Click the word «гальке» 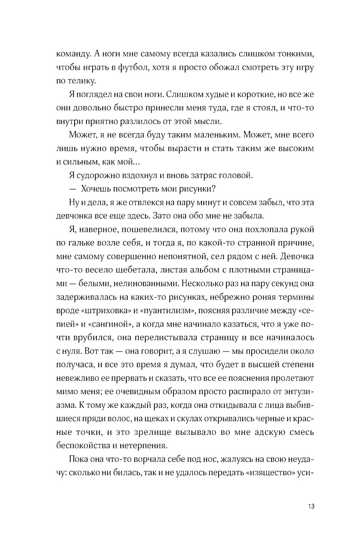78,243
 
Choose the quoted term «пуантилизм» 170,310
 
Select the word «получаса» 71,364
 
